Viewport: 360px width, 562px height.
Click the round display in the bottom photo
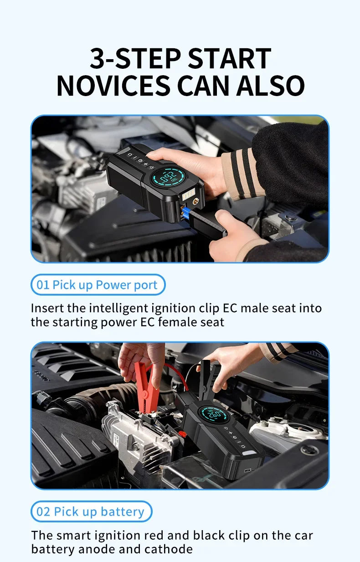point(213,416)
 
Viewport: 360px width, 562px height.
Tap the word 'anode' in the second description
point(97,549)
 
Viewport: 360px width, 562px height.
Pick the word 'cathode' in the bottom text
point(169,549)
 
